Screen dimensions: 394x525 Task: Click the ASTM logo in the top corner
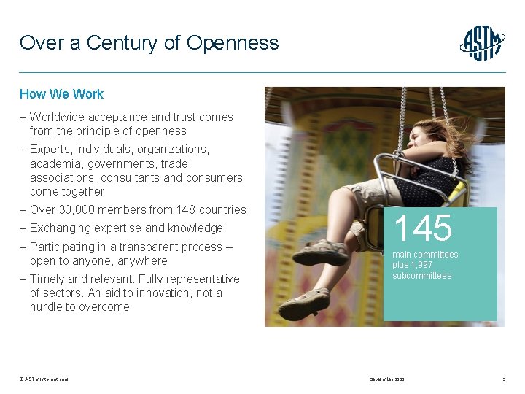click(482, 43)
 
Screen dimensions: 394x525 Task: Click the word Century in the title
click(122, 42)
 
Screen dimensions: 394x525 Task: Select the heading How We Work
click(61, 94)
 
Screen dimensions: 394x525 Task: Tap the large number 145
click(424, 228)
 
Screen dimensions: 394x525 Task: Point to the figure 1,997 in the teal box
click(421, 265)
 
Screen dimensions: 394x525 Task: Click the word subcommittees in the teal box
click(422, 276)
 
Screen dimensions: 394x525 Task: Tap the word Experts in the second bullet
click(50, 150)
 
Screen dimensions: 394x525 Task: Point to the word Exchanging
click(61, 228)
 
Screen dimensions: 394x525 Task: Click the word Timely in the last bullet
click(47, 279)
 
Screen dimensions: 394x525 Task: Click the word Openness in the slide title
click(233, 42)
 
